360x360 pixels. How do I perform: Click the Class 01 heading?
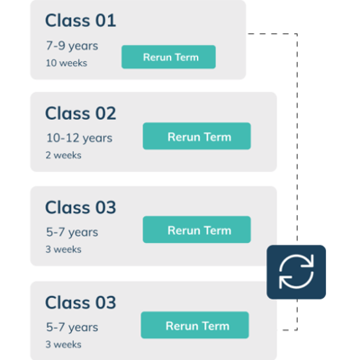tap(80, 21)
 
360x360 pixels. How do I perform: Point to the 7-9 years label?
tap(72, 46)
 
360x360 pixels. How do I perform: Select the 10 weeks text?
tap(67, 63)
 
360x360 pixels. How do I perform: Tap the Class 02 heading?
tap(80, 113)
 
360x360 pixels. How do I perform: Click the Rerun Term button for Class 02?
tap(197, 136)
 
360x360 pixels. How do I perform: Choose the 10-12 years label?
tap(79, 138)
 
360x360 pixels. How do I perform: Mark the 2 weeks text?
tap(63, 155)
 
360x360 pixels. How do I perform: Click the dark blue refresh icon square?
tap(296, 272)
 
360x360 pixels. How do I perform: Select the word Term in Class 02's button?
tap(218, 137)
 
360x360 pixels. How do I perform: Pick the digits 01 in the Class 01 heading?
tap(105, 21)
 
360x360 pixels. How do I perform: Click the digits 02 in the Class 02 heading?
tap(105, 113)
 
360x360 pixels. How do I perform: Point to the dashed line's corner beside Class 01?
tap(297, 34)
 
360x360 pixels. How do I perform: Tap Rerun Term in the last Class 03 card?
tap(195, 325)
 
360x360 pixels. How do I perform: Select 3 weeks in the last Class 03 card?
tap(63, 345)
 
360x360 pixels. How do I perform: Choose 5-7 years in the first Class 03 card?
tap(72, 232)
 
